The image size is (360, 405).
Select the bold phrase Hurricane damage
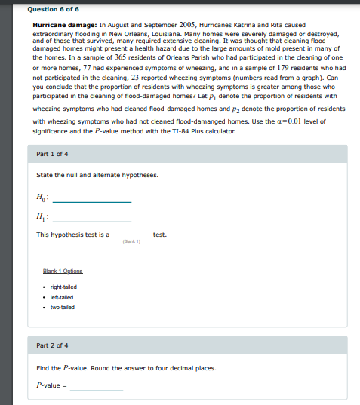tap(60, 26)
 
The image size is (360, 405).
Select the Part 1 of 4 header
tap(52, 154)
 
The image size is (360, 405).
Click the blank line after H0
tap(91, 201)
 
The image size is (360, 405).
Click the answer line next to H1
tap(91, 219)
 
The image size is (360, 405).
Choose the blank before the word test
tap(131, 235)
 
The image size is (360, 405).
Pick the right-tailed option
tap(63, 287)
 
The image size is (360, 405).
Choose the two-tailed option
tap(62, 307)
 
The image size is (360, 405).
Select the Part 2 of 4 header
tap(52, 345)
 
